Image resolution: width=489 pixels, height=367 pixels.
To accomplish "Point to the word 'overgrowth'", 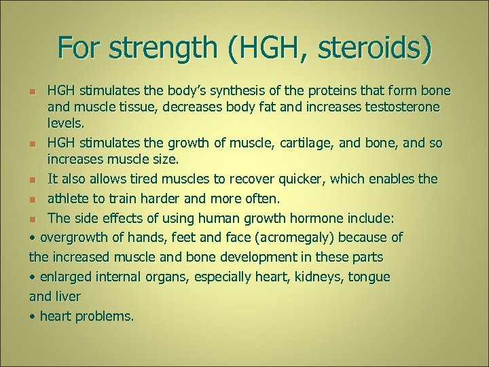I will (x=72, y=238).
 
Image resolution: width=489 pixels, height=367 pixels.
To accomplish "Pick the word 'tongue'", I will (x=367, y=277).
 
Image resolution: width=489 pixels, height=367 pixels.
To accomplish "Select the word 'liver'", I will (x=68, y=297).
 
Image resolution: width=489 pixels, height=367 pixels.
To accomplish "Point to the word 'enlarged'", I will (x=64, y=277).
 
